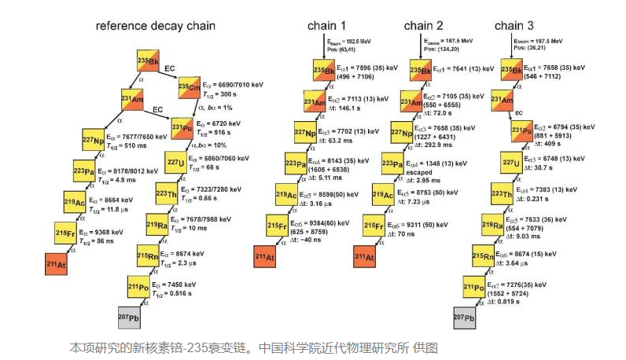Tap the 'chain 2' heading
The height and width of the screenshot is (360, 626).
tap(424, 25)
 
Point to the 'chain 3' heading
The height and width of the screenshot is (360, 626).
tap(514, 25)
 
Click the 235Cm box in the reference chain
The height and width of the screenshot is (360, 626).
tap(189, 86)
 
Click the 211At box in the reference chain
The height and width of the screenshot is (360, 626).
tap(57, 263)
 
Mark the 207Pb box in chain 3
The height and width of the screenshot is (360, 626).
tap(464, 317)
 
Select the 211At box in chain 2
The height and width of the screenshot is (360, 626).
tap(364, 256)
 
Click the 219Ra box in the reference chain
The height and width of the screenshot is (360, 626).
tap(157, 225)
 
